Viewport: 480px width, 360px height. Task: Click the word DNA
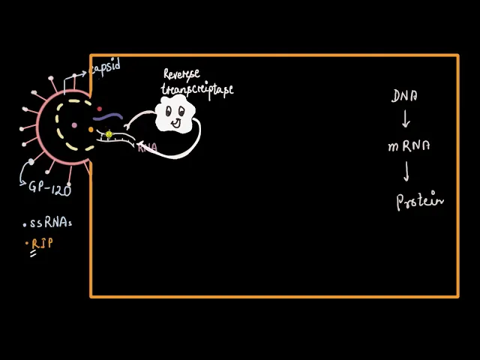(x=405, y=96)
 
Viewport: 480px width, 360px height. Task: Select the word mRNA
(x=409, y=147)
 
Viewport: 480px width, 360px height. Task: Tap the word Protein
(x=420, y=201)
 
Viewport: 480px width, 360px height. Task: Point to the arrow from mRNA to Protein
(x=407, y=172)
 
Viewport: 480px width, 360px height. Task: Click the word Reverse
(x=182, y=76)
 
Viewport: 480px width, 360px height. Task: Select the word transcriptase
(x=197, y=89)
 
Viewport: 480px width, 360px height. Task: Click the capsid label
(x=105, y=67)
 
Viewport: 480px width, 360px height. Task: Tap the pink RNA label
(x=147, y=148)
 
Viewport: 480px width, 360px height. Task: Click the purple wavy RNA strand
(x=108, y=117)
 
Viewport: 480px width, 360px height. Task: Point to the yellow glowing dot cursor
(x=109, y=135)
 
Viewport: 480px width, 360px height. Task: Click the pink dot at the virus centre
(x=73, y=124)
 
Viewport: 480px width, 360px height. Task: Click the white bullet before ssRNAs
(x=25, y=224)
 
